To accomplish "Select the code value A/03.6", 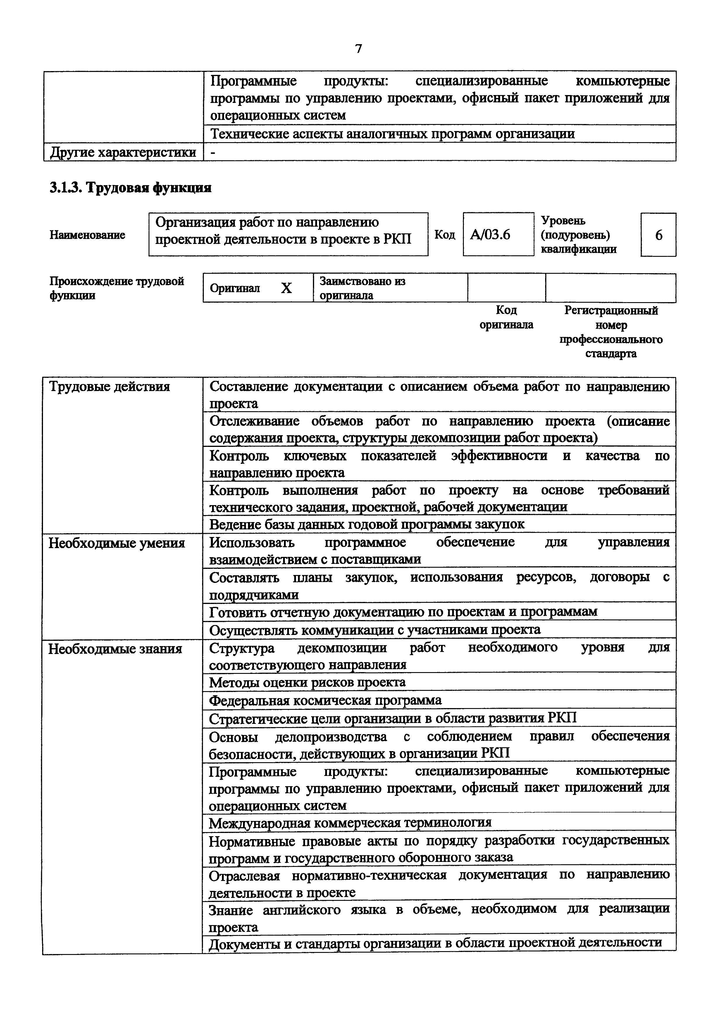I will click(490, 235).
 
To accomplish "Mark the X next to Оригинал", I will click(286, 288).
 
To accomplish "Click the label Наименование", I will click(87, 235).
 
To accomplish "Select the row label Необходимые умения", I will click(117, 543).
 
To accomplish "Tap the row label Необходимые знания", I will click(115, 649).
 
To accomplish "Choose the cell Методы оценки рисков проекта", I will click(307, 682).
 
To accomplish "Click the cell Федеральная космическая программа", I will click(325, 700).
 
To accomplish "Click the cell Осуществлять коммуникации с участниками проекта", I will click(375, 630).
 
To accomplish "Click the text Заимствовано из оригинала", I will click(362, 288).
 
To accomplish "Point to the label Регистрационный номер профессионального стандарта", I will click(611, 332).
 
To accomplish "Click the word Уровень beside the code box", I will click(563, 220).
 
